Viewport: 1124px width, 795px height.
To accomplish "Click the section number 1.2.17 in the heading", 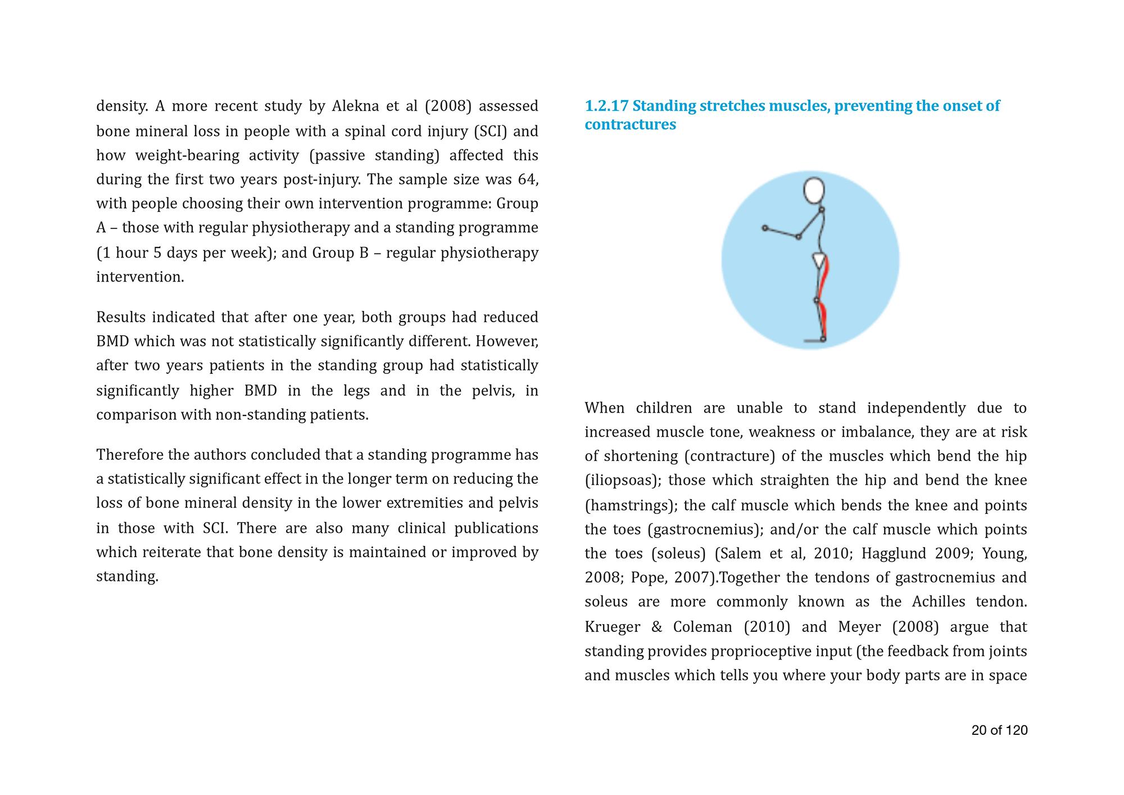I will pos(606,106).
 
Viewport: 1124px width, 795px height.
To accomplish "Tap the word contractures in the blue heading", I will pos(630,124).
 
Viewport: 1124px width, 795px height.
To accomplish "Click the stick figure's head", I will pos(814,191).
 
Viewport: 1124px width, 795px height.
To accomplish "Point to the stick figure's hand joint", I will pos(765,228).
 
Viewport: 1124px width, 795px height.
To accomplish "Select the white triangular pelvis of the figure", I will pos(820,260).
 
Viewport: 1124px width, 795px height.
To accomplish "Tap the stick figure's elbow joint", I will pos(799,237).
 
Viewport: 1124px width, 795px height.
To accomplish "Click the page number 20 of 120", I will pos(999,730).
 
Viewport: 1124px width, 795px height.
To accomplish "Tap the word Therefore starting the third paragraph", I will pos(130,454).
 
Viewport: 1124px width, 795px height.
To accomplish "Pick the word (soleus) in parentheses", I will pos(678,554).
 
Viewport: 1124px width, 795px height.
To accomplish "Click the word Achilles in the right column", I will pos(939,602).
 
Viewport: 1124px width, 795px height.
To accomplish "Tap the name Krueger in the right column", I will pos(613,627).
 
